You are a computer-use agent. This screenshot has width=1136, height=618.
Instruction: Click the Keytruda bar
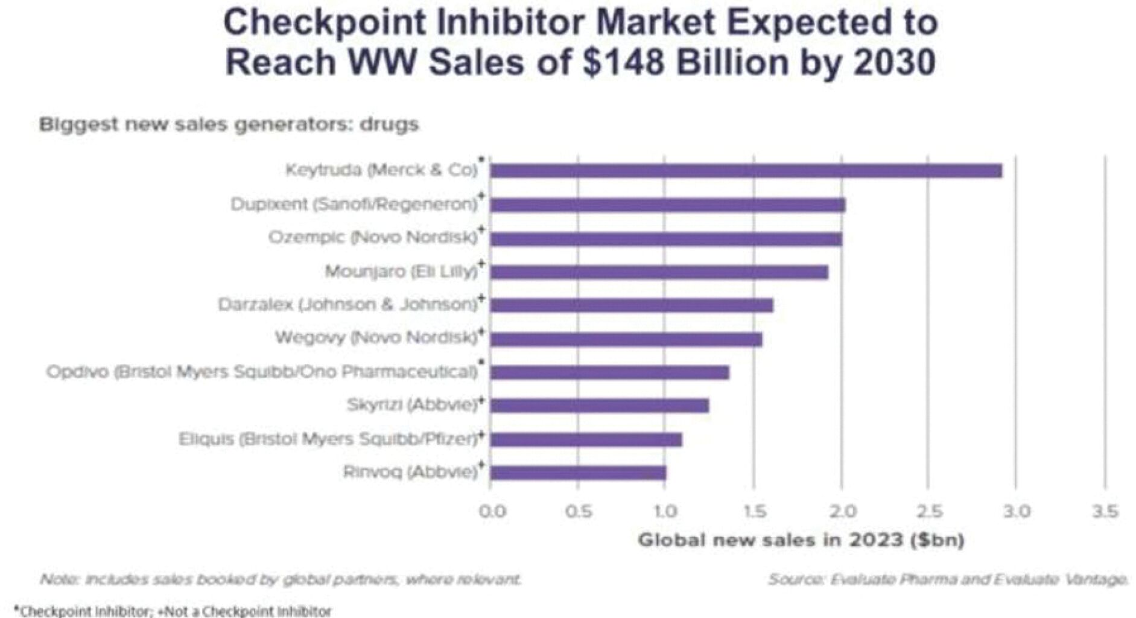746,171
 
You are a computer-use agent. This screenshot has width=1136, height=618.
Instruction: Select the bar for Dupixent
667,205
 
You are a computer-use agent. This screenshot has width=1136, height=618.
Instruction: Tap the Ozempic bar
665,239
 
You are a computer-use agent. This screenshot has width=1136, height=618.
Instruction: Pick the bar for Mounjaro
659,272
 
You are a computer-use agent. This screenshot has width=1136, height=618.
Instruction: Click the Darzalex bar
631,305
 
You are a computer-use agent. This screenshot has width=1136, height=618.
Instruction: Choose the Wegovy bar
626,339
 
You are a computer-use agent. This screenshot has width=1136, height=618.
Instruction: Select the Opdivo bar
609,372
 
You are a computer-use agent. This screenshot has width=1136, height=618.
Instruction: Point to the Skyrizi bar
599,406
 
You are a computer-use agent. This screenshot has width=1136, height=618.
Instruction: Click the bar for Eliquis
586,439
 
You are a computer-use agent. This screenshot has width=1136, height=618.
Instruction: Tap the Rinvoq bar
578,472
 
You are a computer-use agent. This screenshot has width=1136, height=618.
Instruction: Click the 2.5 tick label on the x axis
929,512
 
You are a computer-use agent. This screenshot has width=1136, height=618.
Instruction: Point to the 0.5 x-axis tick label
579,512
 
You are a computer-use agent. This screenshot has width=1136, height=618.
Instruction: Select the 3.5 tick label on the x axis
1105,512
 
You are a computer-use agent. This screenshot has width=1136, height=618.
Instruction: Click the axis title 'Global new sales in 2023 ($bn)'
801,540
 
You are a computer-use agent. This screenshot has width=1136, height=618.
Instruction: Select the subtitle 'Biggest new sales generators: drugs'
229,125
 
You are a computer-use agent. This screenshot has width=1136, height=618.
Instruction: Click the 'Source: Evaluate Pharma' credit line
948,579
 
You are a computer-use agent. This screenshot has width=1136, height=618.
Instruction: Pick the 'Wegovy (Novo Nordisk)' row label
376,337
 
